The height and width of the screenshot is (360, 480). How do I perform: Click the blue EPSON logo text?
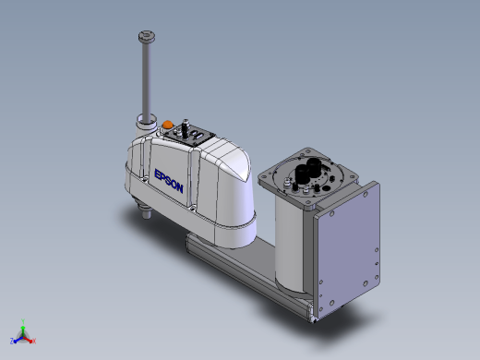pos(169,181)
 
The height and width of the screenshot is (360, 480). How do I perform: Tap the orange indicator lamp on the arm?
pos(167,125)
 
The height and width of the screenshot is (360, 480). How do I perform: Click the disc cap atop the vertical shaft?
pos(147,37)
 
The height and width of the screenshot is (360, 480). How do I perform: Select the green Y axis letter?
pos(23,321)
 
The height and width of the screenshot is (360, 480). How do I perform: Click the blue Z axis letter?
pos(12,341)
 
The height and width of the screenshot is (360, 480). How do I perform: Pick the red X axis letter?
pos(34,341)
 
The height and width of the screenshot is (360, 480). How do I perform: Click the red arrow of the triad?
pos(28,340)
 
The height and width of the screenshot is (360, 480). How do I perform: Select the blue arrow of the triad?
pos(18,340)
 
